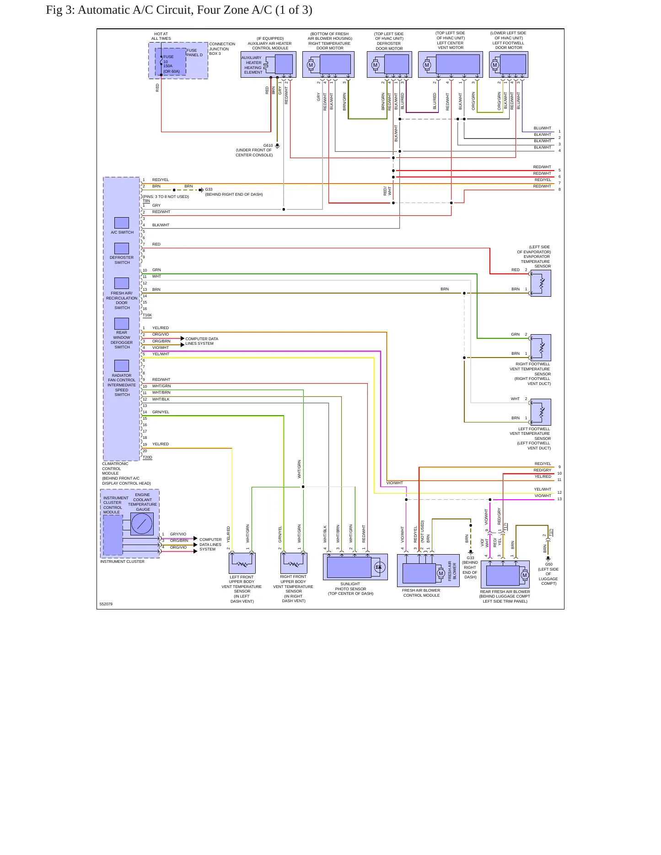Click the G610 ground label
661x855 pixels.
[268, 145]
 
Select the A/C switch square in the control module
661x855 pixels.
[122, 223]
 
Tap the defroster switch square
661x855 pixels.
[122, 248]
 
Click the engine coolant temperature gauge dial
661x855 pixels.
[142, 524]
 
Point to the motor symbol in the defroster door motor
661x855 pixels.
[376, 65]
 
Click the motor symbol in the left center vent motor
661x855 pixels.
[427, 65]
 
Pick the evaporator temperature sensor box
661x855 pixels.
[541, 283]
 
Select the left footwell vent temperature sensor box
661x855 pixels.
[541, 412]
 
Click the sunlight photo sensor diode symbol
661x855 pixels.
[378, 567]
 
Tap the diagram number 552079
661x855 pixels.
[106, 604]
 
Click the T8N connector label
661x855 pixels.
[146, 201]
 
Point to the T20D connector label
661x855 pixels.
[147, 457]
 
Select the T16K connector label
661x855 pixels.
[147, 315]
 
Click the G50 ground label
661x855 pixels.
[548, 564]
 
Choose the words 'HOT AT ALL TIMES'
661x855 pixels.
[161, 36]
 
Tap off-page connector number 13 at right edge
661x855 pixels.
[559, 499]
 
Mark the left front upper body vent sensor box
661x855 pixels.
[242, 563]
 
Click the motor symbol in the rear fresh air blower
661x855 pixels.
[525, 575]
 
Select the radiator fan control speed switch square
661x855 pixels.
[122, 366]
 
